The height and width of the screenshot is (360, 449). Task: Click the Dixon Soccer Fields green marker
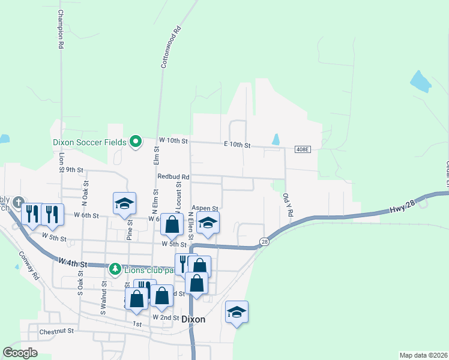[x=136, y=142]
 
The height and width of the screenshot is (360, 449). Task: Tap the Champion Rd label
[x=61, y=29]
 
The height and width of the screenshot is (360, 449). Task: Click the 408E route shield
[x=303, y=149]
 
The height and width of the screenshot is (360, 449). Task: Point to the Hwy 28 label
[x=396, y=205]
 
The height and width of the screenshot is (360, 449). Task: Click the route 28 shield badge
[x=264, y=241]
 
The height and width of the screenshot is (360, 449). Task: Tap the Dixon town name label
[x=193, y=320]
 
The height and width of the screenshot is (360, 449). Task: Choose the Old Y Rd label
[x=286, y=208]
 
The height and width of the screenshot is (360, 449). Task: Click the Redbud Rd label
[x=173, y=177]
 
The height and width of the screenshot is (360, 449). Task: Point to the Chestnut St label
[x=56, y=331]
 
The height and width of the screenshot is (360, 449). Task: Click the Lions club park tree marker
[x=113, y=267]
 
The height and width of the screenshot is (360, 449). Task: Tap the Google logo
[x=20, y=353]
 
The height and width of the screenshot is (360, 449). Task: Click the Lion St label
[x=62, y=163]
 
